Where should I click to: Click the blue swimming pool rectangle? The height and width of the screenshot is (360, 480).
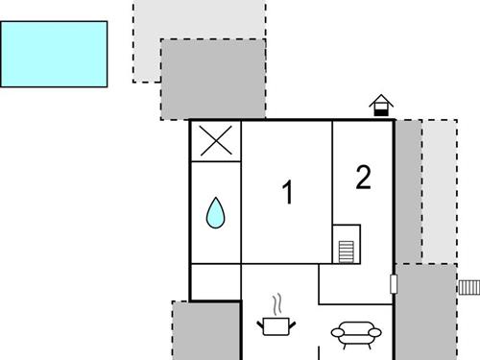click(x=53, y=54)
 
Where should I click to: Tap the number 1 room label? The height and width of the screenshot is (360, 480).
click(x=286, y=193)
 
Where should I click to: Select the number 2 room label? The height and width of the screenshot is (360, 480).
click(x=363, y=178)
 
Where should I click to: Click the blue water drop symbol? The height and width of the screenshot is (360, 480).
click(x=215, y=213)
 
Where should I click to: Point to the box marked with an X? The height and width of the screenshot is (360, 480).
click(x=215, y=142)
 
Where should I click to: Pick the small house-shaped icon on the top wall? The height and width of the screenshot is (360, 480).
click(x=382, y=106)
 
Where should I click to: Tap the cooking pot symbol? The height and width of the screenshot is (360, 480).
click(x=276, y=327)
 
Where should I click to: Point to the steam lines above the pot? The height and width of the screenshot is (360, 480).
click(x=277, y=306)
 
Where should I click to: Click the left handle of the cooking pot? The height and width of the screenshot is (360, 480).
click(x=261, y=324)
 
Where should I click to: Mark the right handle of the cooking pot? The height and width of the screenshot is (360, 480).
click(x=292, y=324)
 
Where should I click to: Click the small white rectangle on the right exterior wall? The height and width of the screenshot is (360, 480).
click(x=394, y=283)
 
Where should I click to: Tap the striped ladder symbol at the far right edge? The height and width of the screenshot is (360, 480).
click(x=468, y=286)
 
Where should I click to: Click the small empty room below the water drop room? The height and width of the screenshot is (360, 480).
click(x=215, y=282)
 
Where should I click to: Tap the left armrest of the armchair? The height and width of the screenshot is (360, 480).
click(x=336, y=334)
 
